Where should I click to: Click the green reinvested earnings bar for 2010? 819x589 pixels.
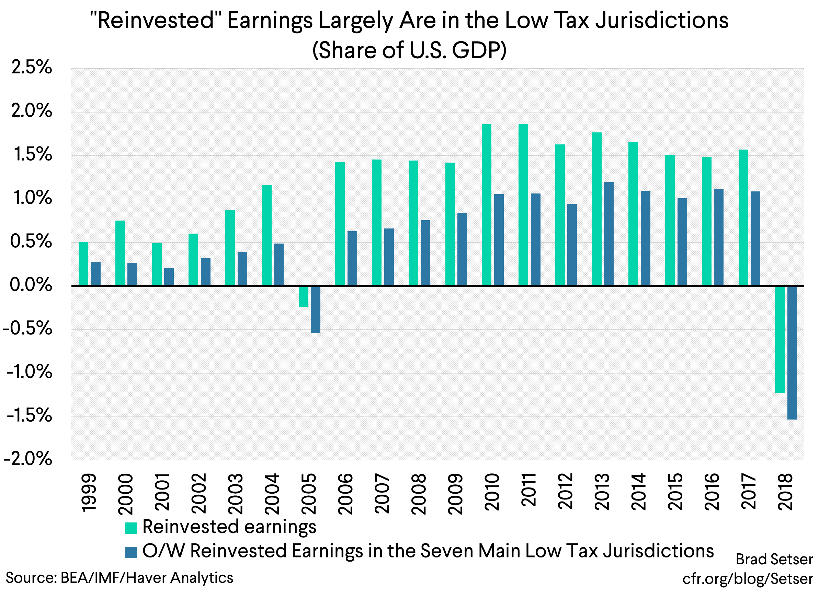pyautogui.click(x=486, y=205)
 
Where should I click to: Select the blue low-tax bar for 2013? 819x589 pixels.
pyautogui.click(x=608, y=234)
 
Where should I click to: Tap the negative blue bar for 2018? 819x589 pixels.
pyautogui.click(x=792, y=352)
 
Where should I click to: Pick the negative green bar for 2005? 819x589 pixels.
pyautogui.click(x=303, y=296)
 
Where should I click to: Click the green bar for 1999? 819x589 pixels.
pyautogui.click(x=83, y=264)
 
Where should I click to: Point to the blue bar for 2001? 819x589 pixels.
pyautogui.click(x=169, y=276)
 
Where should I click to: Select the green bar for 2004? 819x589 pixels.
pyautogui.click(x=266, y=235)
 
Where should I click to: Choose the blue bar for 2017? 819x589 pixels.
pyautogui.click(x=755, y=238)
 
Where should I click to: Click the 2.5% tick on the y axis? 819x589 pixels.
pyautogui.click(x=32, y=68)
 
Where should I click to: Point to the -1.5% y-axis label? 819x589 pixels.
pyautogui.click(x=29, y=416)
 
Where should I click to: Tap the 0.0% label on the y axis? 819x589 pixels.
pyautogui.click(x=31, y=285)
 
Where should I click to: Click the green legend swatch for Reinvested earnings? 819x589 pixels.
pyautogui.click(x=131, y=528)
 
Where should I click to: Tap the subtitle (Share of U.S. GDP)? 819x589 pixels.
pyautogui.click(x=409, y=50)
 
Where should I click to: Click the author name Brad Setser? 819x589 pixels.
pyautogui.click(x=774, y=559)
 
